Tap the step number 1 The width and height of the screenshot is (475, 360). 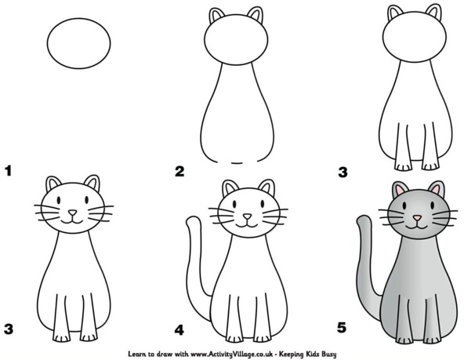pos(9,170)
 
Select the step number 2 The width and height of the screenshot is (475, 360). pos(180,170)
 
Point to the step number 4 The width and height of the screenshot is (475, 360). pos(180,329)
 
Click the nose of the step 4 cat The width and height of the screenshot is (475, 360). pos(248,216)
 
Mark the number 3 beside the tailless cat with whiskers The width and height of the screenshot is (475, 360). pos(9,329)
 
